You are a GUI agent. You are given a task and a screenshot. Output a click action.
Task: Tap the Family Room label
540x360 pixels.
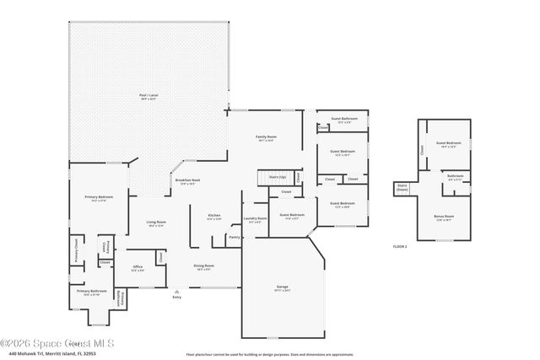[x=267, y=138]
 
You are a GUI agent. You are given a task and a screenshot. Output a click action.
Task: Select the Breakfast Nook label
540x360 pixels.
[x=187, y=181]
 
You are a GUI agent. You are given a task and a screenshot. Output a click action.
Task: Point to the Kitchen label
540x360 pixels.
[x=214, y=217]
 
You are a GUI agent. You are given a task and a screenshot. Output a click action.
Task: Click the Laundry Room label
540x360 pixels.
[x=256, y=219]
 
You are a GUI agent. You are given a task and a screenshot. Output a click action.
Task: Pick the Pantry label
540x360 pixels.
[x=234, y=238]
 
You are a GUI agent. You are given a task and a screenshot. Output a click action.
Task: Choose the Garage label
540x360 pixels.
[x=282, y=288]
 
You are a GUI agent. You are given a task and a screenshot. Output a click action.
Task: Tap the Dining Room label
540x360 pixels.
[x=204, y=266]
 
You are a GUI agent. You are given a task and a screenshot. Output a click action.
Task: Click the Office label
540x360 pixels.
[x=138, y=268]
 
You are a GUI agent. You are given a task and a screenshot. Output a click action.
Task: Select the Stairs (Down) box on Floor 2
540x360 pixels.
[x=402, y=189]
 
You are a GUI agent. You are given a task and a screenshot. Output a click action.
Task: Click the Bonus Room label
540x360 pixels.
[x=444, y=216]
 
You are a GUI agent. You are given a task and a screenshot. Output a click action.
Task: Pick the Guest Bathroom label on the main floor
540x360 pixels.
[x=344, y=120]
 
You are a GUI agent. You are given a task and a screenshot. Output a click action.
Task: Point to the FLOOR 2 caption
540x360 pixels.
[x=400, y=246]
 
